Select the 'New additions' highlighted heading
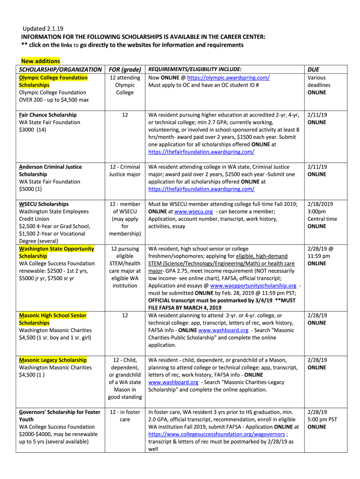coord(41,61)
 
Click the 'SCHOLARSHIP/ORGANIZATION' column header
coord(60,69)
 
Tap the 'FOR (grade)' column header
coord(125,69)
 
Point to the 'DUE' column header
coord(313,69)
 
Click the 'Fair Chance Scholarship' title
coord(48,115)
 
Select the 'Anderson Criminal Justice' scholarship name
coord(50,167)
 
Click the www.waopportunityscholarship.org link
coord(253,286)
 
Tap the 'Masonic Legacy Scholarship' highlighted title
coord(53,360)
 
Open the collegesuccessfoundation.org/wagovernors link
coord(216,435)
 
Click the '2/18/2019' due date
coord(320,204)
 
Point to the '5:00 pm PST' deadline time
coord(322,420)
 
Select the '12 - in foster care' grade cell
coord(125,416)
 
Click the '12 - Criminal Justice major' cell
coord(125,171)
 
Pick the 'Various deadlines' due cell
coord(319,81)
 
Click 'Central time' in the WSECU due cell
coord(322,219)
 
